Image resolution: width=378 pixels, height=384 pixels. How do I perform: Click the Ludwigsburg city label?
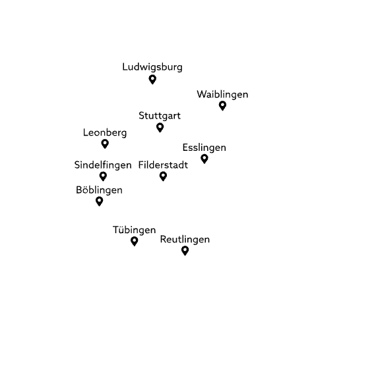152,67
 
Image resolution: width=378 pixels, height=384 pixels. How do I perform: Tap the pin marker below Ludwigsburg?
152,79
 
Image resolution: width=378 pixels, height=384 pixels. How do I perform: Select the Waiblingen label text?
222,95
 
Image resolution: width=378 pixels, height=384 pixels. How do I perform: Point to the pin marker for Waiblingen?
222,105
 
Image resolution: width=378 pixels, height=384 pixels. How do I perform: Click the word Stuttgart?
160,117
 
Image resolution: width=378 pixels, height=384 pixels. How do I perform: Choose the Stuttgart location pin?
160,127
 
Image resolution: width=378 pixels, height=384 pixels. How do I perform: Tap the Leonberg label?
105,132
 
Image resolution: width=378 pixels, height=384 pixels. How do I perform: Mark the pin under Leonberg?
105,144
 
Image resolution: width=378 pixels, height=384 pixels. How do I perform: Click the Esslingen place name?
204,148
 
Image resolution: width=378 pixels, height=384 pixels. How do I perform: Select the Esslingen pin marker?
204,158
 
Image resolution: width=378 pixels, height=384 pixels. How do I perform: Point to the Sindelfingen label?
103,165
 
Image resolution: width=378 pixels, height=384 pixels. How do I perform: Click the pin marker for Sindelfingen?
103,176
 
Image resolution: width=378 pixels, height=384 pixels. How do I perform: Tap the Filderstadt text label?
163,165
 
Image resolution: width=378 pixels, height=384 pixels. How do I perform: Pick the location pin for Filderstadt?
163,176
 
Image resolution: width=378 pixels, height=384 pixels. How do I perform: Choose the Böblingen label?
99,190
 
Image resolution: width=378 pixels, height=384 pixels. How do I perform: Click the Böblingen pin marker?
99,201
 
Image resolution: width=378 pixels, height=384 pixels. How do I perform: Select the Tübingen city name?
134,231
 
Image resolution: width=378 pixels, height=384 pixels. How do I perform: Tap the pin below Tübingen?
134,241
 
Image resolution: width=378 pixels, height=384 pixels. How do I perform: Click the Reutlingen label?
185,240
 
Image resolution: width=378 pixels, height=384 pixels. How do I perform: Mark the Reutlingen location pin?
185,250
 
